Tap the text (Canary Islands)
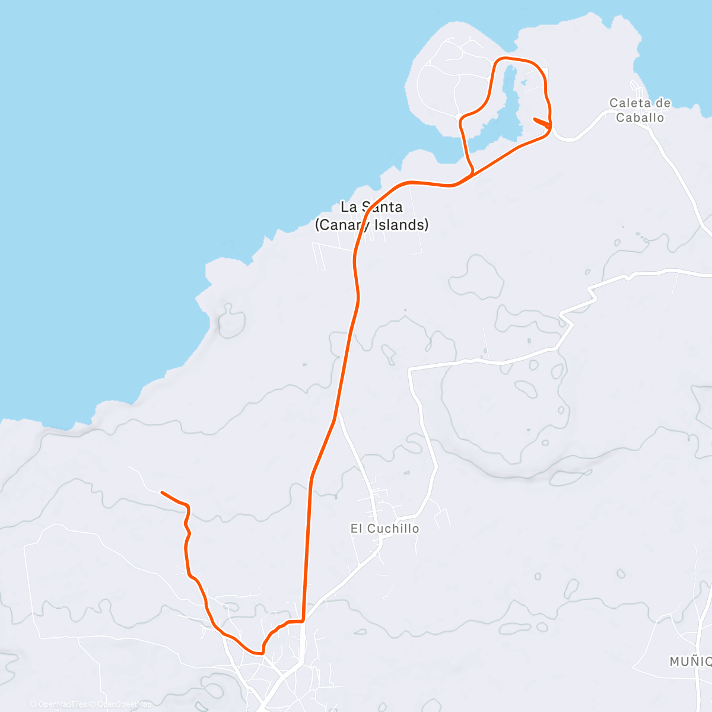[371, 225]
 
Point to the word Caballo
[640, 117]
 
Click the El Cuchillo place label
[384, 529]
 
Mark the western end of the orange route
[162, 492]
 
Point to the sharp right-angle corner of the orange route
[303, 621]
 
